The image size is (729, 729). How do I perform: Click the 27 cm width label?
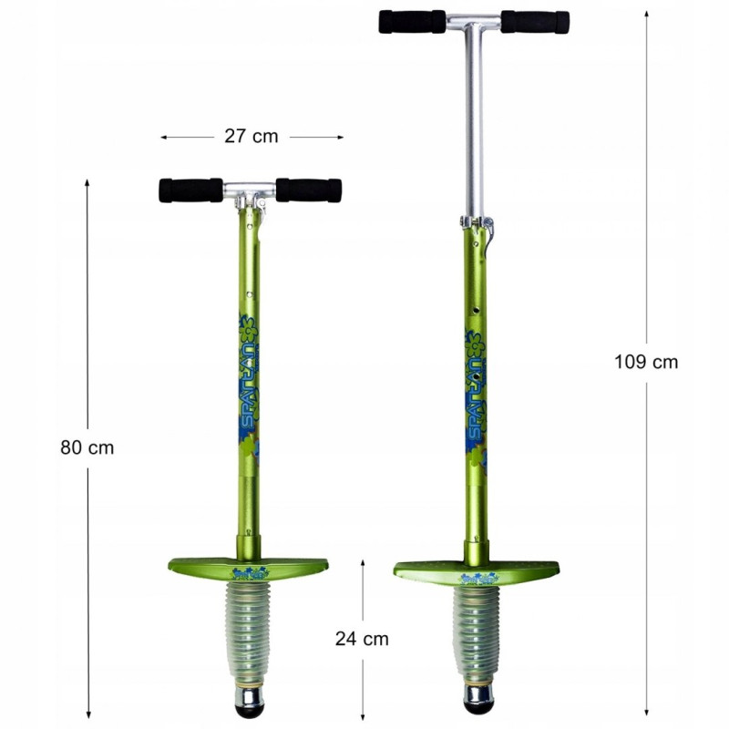(x=251, y=137)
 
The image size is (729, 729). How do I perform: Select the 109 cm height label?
(x=646, y=361)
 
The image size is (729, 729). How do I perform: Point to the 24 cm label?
(x=362, y=639)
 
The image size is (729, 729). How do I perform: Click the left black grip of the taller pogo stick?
(x=412, y=22)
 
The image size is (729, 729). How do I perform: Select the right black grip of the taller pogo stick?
(x=535, y=22)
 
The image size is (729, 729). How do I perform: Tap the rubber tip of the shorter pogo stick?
(x=248, y=702)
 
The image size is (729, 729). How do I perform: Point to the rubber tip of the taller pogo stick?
(x=479, y=701)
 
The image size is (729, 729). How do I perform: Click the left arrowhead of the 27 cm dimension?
(x=165, y=137)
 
